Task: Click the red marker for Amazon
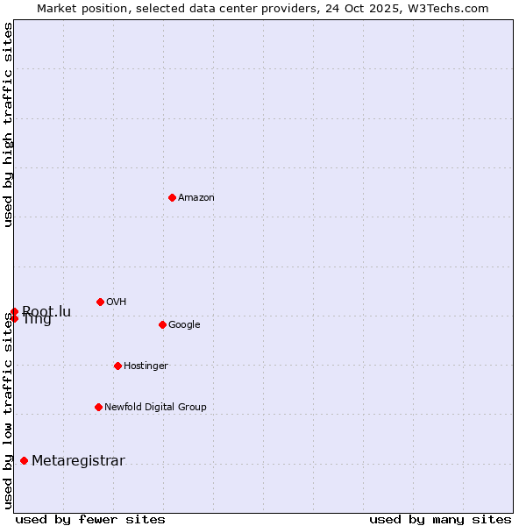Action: pyautogui.click(x=172, y=197)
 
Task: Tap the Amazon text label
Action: pyautogui.click(x=196, y=198)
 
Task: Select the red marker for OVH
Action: pyautogui.click(x=100, y=302)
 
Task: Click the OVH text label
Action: pyautogui.click(x=117, y=302)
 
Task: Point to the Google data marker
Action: pyautogui.click(x=162, y=324)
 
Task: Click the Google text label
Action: pyautogui.click(x=184, y=325)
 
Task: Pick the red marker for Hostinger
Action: pyautogui.click(x=117, y=366)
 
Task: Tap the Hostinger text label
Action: pyautogui.click(x=146, y=366)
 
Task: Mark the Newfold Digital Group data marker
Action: pyautogui.click(x=98, y=407)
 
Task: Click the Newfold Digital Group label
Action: pyautogui.click(x=155, y=408)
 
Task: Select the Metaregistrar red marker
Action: pyautogui.click(x=24, y=460)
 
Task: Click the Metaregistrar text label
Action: pyautogui.click(x=78, y=461)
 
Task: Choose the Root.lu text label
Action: pyautogui.click(x=46, y=311)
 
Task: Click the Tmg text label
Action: pyautogui.click(x=37, y=320)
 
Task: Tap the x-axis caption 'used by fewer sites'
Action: pyautogui.click(x=90, y=520)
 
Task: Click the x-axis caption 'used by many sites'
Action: pyautogui.click(x=440, y=520)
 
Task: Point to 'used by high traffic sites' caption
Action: pyautogui.click(x=8, y=124)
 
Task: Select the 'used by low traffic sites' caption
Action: pyautogui.click(x=8, y=410)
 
